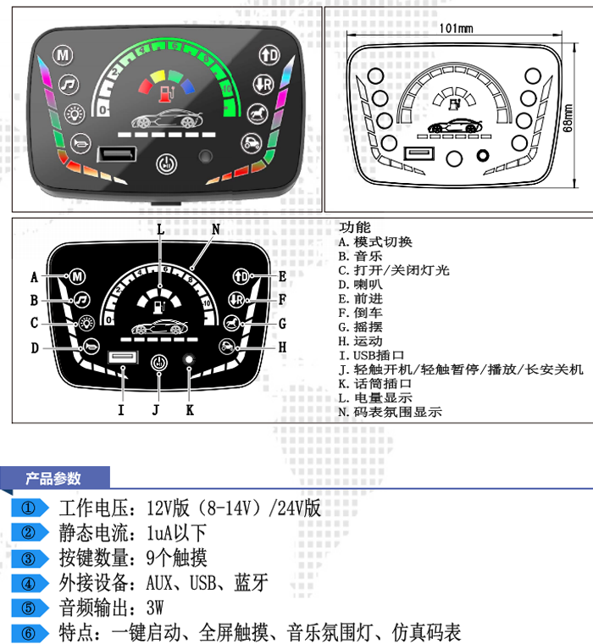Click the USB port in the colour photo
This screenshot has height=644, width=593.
[114, 155]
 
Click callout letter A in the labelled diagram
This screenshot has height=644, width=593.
[35, 277]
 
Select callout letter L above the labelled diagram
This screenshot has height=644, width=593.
[160, 230]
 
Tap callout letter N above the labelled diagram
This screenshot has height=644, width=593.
[215, 230]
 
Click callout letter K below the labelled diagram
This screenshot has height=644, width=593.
[190, 410]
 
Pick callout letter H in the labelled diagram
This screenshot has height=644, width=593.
[283, 347]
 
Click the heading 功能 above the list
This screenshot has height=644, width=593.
[354, 227]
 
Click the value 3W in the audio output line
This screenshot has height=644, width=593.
[154, 608]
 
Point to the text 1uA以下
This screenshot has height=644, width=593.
[176, 533]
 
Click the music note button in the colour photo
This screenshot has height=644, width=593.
[69, 83]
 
